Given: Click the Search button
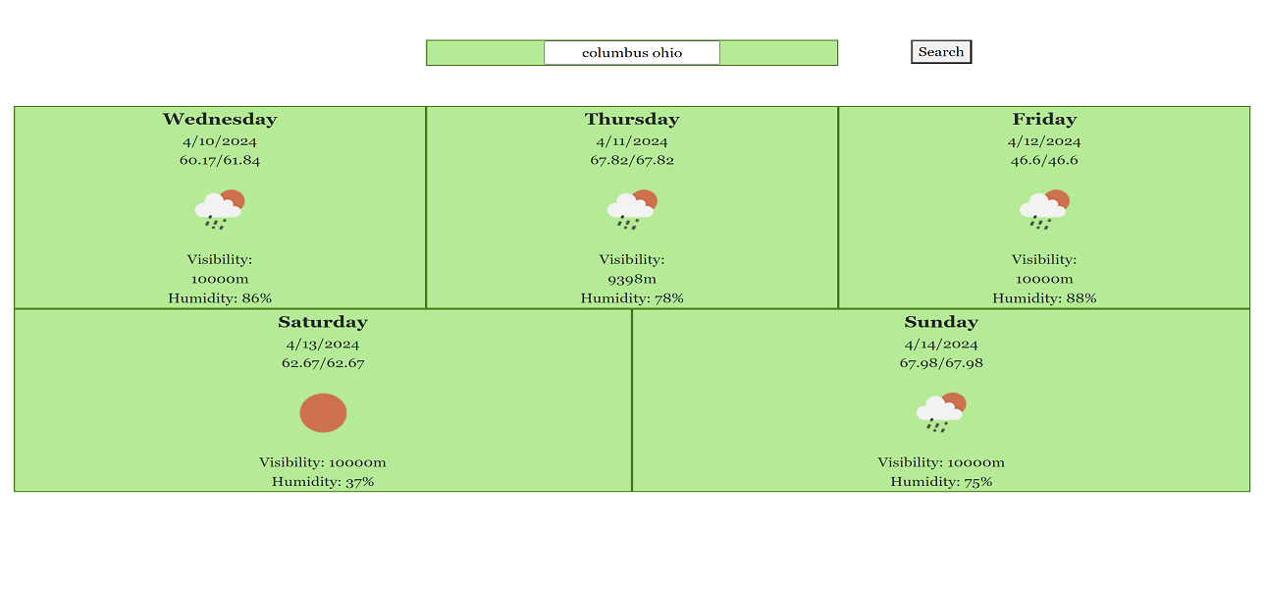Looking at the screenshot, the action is [941, 52].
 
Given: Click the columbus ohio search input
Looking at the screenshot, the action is [631, 52].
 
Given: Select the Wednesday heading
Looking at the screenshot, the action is [220, 119].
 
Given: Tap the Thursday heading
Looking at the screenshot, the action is [632, 119].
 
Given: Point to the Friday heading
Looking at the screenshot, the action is [1044, 119].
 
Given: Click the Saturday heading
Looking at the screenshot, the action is [323, 322].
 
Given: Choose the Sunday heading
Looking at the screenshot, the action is [941, 322].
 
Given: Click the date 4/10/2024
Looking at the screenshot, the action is [220, 141].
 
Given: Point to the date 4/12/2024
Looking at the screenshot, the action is [1044, 141].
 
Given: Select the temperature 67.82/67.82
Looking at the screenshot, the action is [632, 160].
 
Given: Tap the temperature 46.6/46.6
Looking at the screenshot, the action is [1044, 160].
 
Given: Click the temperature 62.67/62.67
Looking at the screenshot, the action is [323, 363].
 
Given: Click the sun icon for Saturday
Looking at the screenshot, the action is [323, 413].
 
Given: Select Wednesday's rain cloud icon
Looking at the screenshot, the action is [220, 209].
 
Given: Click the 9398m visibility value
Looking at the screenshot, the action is [632, 279].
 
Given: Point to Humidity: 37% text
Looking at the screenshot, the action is [323, 482].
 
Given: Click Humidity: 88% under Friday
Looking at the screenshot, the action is [1044, 298].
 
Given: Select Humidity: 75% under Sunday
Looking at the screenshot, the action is [941, 482].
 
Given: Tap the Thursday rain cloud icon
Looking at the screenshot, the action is [632, 209].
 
